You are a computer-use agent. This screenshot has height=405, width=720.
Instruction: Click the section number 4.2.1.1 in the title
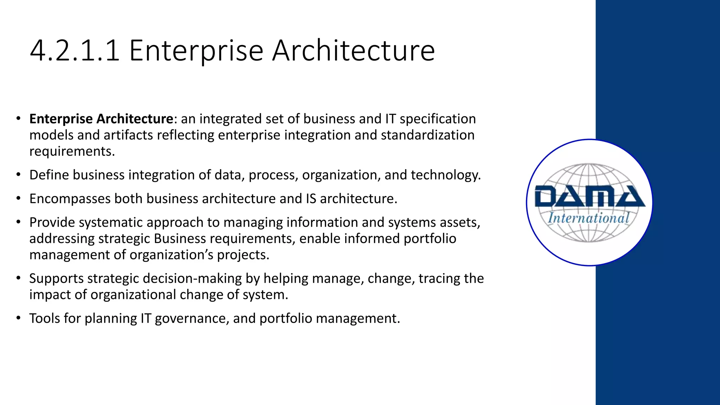pyautogui.click(x=75, y=51)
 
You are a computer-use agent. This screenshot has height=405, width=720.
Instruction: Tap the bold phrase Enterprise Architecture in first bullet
pyautogui.click(x=101, y=119)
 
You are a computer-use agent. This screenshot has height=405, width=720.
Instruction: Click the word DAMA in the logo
pyautogui.click(x=590, y=197)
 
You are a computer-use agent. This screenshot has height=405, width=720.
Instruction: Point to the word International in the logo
pyautogui.click(x=589, y=218)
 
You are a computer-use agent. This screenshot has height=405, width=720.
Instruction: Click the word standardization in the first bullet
pyautogui.click(x=427, y=135)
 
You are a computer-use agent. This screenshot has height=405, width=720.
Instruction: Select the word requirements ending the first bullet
pyautogui.click(x=72, y=152)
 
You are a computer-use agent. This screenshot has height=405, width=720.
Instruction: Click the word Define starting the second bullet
pyautogui.click(x=49, y=175)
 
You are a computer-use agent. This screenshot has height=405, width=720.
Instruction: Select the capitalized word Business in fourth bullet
pyautogui.click(x=180, y=239)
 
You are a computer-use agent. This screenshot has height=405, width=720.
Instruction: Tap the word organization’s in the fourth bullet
pyautogui.click(x=172, y=255)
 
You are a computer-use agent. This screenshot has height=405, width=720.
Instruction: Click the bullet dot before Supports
pyautogui.click(x=18, y=278)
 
